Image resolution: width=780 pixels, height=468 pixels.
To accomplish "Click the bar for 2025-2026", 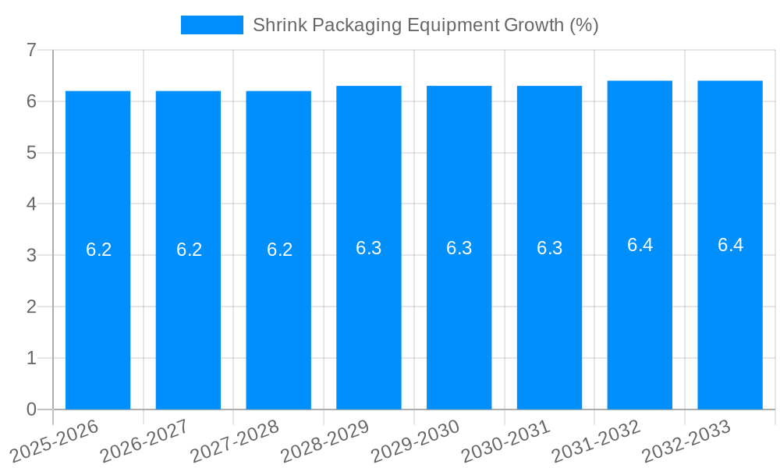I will [x=97, y=250].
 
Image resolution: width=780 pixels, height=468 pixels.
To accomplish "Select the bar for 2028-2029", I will [x=368, y=247].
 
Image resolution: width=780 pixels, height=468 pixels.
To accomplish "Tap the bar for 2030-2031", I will [x=549, y=247].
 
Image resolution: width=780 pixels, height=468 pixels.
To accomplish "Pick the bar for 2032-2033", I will [x=729, y=245].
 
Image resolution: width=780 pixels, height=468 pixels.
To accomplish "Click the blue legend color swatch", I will [x=211, y=25].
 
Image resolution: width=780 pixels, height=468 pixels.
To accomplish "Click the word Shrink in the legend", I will [x=279, y=25].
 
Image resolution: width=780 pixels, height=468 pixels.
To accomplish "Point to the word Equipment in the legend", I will [x=454, y=25].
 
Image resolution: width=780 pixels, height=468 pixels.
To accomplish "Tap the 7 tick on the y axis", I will [x=31, y=50].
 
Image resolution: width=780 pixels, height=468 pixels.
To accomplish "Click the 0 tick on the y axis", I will [x=31, y=409].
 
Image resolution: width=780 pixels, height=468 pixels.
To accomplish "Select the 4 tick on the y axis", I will [x=31, y=204].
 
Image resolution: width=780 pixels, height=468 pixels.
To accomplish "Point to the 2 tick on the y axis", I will [x=31, y=307].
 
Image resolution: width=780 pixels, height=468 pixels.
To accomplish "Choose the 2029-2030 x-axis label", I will [x=417, y=440].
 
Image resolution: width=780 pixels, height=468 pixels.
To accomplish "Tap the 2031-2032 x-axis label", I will [x=597, y=440].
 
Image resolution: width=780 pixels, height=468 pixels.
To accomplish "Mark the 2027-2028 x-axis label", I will [x=236, y=440].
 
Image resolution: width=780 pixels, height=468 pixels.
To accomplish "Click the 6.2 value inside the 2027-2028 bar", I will [x=279, y=250].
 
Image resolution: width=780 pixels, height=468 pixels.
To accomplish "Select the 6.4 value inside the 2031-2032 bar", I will [x=640, y=245].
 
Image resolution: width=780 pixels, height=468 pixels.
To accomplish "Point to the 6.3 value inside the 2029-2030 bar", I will [x=459, y=248].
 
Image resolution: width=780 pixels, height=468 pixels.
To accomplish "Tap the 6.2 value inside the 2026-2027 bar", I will [x=189, y=250].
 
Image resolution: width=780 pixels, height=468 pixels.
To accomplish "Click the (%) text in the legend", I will [x=583, y=25].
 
